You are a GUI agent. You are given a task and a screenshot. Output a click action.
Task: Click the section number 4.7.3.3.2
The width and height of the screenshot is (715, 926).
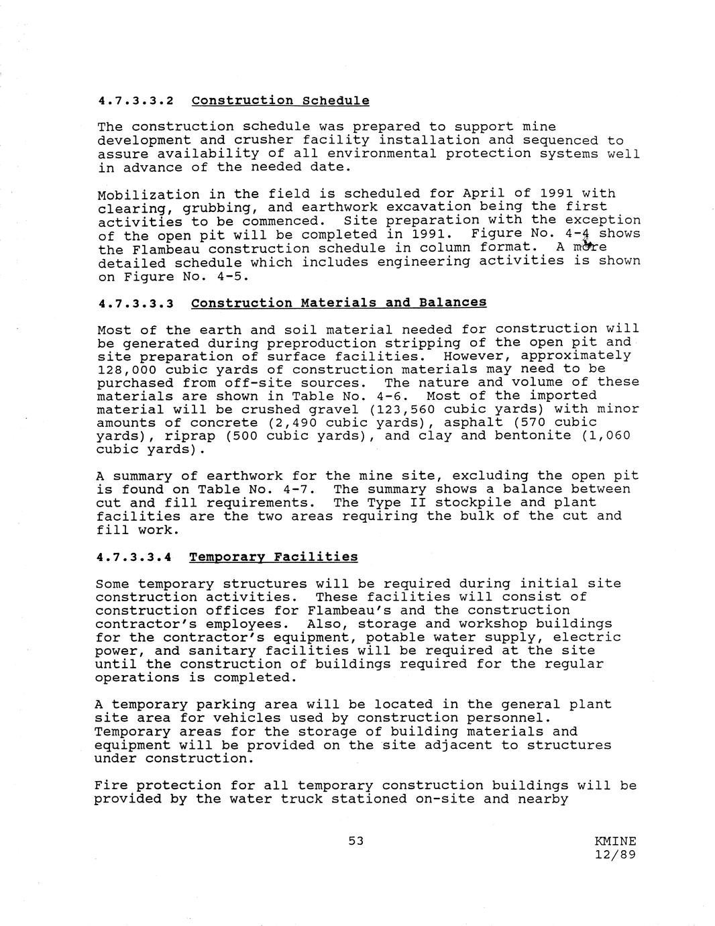pyautogui.click(x=135, y=101)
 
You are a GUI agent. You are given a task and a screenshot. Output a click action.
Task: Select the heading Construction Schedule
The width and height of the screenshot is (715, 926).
pyautogui.click(x=280, y=101)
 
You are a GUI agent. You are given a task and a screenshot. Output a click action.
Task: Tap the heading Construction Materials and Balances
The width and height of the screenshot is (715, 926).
pyautogui.click(x=339, y=303)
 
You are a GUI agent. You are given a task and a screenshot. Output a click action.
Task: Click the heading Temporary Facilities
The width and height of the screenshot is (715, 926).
pyautogui.click(x=273, y=557)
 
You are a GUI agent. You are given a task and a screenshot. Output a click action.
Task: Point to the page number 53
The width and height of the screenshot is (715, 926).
pyautogui.click(x=355, y=840)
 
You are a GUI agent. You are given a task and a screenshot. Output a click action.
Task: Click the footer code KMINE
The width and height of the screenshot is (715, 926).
pyautogui.click(x=615, y=841)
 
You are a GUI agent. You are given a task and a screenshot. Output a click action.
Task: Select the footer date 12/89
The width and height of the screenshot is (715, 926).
pyautogui.click(x=615, y=855)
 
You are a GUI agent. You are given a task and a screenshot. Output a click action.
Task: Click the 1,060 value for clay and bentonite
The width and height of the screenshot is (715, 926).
pyautogui.click(x=609, y=435)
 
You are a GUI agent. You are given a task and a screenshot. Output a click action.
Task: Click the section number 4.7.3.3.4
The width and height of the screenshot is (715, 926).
pyautogui.click(x=134, y=558)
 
